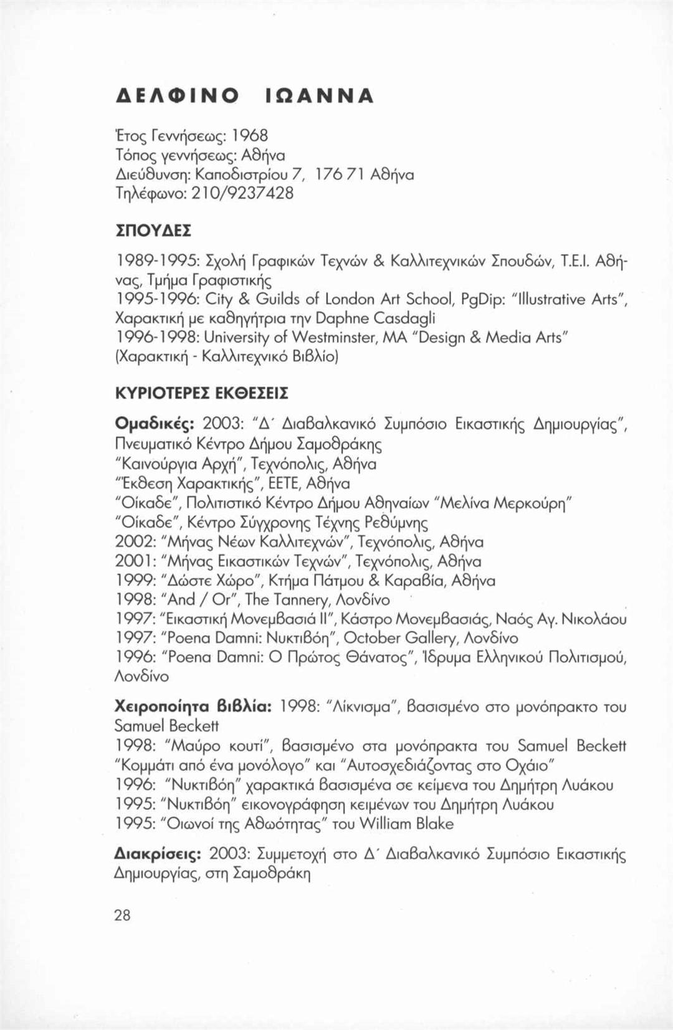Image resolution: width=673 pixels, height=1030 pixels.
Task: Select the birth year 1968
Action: pos(250,135)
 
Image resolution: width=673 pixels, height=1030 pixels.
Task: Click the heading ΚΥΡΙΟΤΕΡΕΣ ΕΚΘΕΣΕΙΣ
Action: pos(202,394)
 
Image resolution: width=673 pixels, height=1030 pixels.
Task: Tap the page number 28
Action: pos(123,915)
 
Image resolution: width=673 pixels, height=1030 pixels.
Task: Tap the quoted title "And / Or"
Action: pos(203,600)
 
